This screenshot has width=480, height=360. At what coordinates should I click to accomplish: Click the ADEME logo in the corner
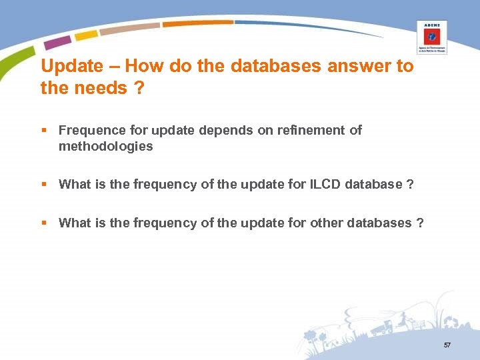click(x=431, y=37)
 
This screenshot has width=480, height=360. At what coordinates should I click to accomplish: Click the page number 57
click(x=447, y=345)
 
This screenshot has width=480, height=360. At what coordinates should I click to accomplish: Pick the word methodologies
click(x=105, y=146)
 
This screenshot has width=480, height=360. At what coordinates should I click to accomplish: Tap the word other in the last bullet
click(x=327, y=223)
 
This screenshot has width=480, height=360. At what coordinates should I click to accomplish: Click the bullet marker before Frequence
click(x=43, y=131)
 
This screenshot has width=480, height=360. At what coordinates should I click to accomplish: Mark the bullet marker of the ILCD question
click(x=43, y=185)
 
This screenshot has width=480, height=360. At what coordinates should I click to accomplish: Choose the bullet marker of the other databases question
click(x=43, y=223)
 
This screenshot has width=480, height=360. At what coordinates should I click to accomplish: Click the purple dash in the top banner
click(x=57, y=43)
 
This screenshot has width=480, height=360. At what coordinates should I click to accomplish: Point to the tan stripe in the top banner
click(x=129, y=29)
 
